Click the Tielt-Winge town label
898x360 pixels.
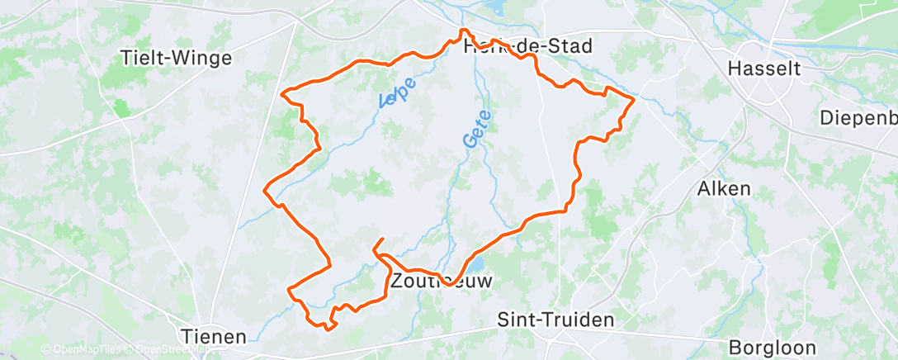click(x=176, y=58)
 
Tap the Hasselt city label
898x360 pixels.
click(x=765, y=69)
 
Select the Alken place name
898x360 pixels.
click(x=724, y=188)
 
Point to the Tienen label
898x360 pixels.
click(x=213, y=336)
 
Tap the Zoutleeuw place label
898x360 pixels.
click(x=442, y=281)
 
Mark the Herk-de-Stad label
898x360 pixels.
click(x=528, y=46)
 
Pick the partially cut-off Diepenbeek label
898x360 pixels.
click(x=858, y=118)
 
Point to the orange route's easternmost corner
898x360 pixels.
click(x=634, y=98)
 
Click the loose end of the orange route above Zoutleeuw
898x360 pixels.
click(x=383, y=239)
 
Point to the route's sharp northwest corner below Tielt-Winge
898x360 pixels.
click(x=283, y=94)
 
